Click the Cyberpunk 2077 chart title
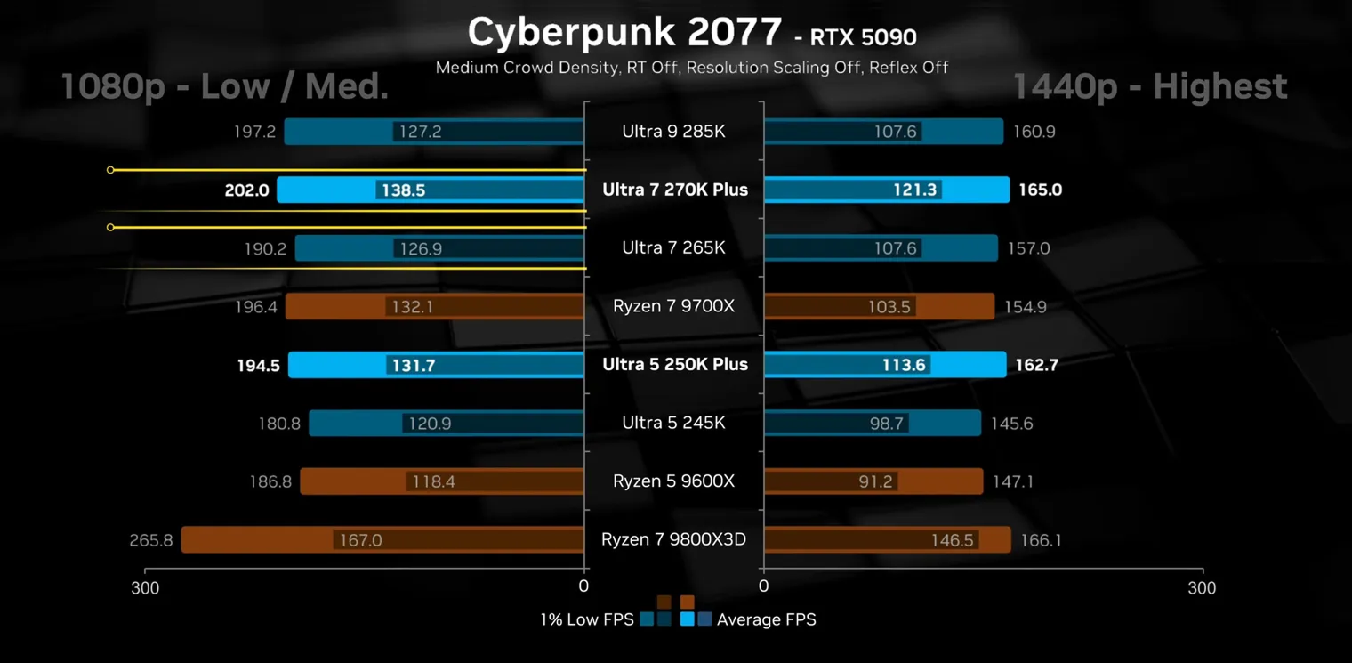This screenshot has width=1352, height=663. coord(624,33)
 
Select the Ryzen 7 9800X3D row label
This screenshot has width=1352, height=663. coord(673,539)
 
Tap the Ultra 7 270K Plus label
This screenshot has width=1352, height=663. coord(675,190)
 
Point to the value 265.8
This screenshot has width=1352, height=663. coord(151,540)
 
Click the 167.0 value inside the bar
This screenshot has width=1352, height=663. coord(360,540)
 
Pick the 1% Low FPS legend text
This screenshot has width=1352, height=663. coord(586,619)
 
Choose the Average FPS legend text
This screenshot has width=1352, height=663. coord(766,619)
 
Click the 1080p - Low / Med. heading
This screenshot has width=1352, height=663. coord(224,87)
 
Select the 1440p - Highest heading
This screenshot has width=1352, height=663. coord(1149,87)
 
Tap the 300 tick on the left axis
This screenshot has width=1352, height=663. coord(146,587)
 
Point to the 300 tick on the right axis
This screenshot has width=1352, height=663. coord(1202,587)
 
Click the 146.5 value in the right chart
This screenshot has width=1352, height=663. coord(952,540)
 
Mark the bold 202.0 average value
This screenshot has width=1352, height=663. coord(247,190)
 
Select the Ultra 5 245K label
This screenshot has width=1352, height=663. coord(673,423)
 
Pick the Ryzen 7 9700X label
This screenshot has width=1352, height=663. coord(673,306)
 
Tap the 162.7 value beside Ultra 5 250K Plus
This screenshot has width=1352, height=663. coord(1036,365)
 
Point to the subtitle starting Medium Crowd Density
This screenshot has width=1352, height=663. coord(691,67)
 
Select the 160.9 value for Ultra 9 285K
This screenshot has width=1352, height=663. coord(1034,132)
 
